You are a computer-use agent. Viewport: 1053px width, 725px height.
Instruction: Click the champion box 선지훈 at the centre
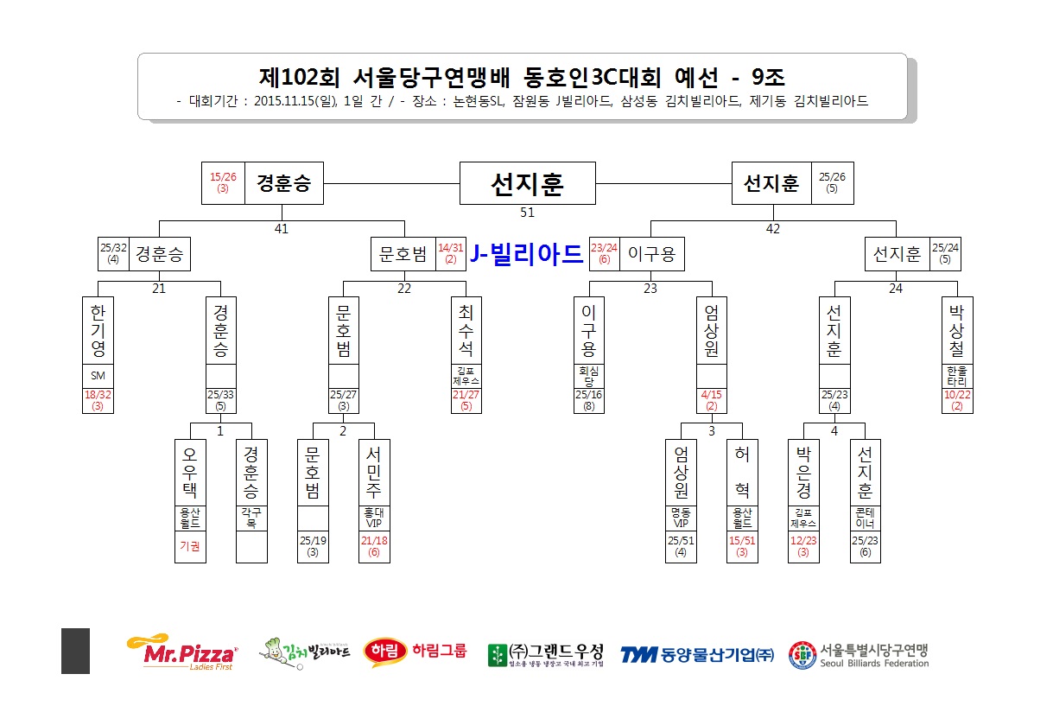point(527,183)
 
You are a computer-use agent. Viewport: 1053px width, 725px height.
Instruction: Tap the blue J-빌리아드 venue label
point(525,253)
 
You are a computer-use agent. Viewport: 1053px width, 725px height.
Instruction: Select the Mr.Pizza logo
point(181,652)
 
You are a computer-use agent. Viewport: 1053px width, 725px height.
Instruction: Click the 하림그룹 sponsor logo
point(415,652)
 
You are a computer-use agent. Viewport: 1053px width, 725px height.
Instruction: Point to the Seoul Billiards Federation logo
point(859,655)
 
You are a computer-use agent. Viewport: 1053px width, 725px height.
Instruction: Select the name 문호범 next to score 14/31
point(403,254)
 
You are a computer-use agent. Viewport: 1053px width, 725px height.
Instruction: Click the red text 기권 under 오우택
point(190,546)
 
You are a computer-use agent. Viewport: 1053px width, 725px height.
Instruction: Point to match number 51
point(527,213)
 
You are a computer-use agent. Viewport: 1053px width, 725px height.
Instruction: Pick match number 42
point(773,229)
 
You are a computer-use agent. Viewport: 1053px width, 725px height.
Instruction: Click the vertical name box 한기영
point(98,330)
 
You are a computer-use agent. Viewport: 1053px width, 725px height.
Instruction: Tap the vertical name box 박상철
point(957,330)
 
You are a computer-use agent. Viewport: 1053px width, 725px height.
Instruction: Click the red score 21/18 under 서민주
point(374,546)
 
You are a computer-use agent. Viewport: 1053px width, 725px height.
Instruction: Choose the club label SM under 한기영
point(98,376)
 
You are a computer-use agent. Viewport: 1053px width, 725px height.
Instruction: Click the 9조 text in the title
point(768,77)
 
